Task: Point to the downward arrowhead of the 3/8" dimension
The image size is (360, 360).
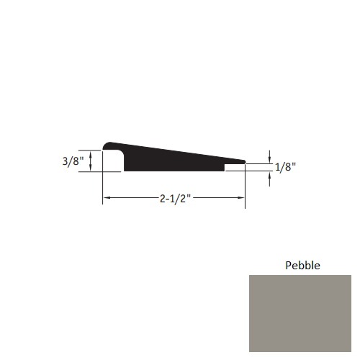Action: coord(91,168)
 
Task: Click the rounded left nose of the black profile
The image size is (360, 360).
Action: coord(109,145)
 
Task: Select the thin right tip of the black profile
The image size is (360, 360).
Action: coord(243,162)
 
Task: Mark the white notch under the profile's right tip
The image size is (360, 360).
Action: coord(235,168)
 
